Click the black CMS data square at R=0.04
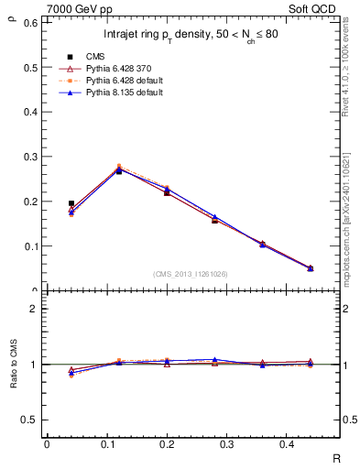71,203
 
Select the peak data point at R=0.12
118,170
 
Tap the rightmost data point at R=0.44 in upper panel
311,268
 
